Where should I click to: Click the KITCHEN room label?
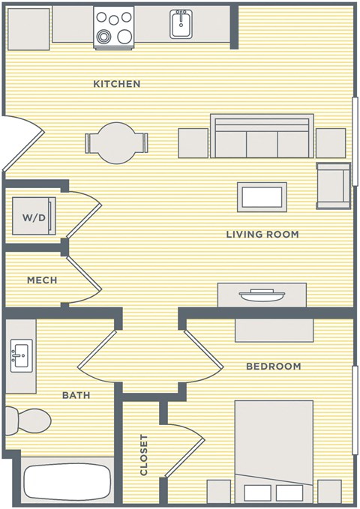pos(116,83)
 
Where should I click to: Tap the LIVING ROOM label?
pos(262,235)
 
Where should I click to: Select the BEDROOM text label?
pos(274,367)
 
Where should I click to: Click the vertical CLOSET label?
pos(144,455)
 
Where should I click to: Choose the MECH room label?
pos(42,280)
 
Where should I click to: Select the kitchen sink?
pos(180,25)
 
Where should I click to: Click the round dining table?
pos(116,142)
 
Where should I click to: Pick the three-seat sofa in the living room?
pos(262,136)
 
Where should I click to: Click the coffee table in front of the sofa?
pos(262,197)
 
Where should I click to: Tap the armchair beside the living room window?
pos(332,184)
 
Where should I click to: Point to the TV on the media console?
pos(262,295)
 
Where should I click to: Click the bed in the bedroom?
pos(274,450)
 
